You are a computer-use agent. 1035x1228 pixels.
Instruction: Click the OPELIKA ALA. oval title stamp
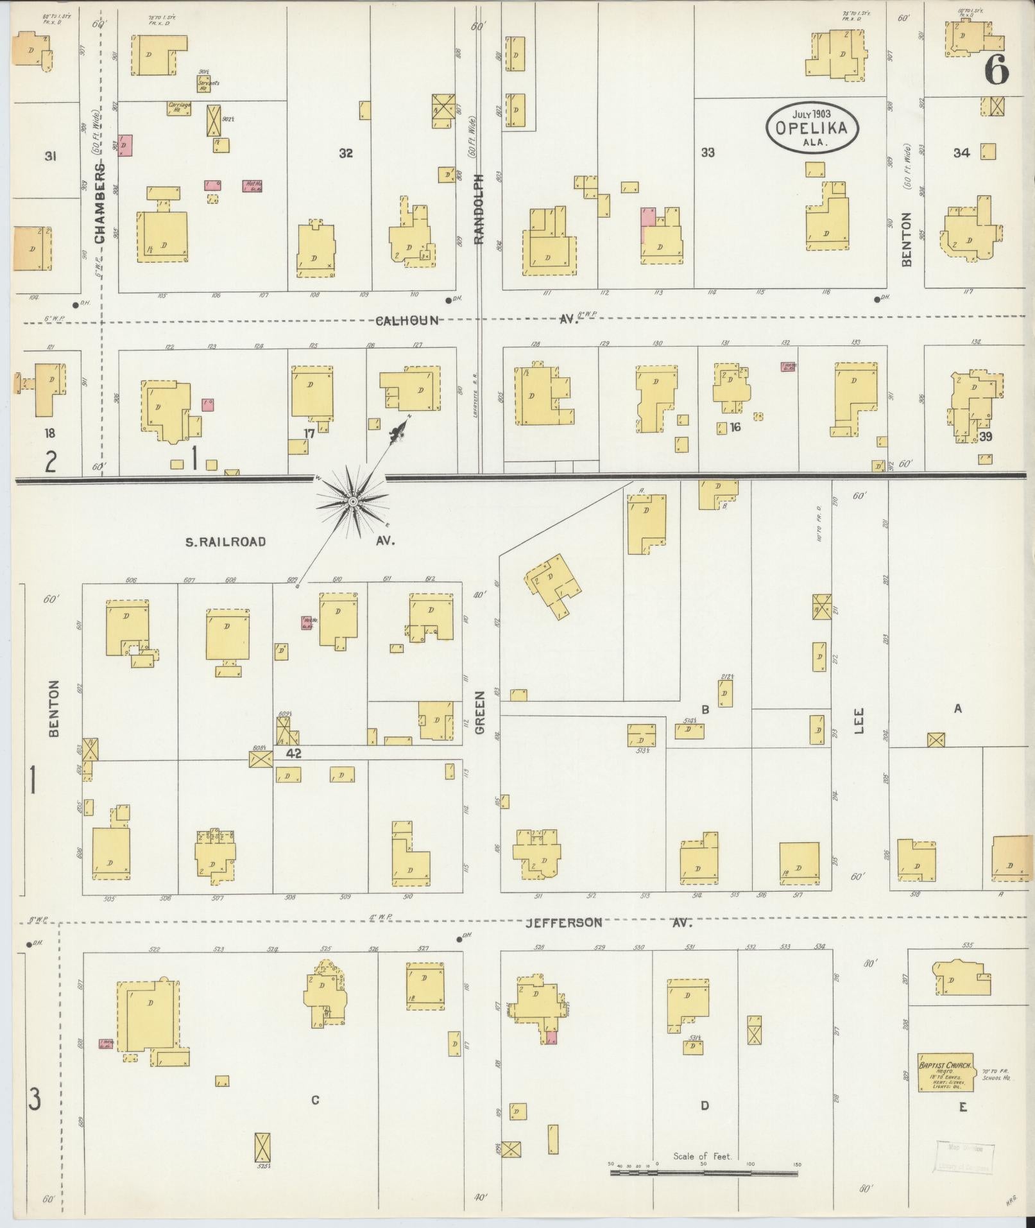(x=815, y=126)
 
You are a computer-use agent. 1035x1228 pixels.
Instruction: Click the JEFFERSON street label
(x=563, y=923)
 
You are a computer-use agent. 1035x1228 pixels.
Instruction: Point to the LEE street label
(x=859, y=720)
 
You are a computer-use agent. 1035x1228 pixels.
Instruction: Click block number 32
(x=346, y=153)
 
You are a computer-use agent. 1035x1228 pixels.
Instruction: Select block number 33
(x=707, y=153)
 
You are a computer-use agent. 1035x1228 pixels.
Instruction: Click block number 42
(x=295, y=753)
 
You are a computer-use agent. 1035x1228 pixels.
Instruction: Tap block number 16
(x=735, y=426)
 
